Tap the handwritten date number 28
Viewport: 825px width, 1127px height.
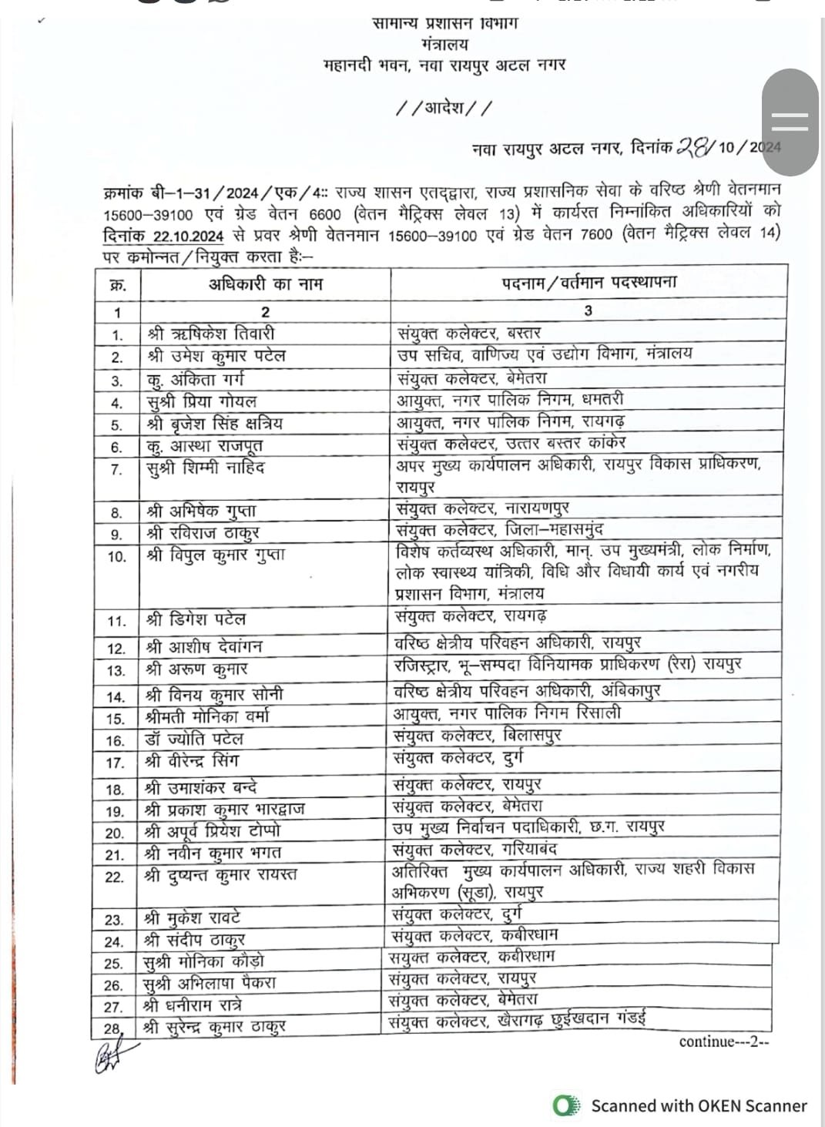(x=693, y=146)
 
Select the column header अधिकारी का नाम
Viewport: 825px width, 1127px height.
(x=266, y=283)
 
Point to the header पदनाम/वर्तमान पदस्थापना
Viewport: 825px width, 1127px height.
(x=589, y=282)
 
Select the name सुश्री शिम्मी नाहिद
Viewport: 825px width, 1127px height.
(x=206, y=468)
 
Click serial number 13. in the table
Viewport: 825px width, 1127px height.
(x=116, y=670)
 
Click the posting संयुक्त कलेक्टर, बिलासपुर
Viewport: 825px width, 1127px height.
(x=478, y=736)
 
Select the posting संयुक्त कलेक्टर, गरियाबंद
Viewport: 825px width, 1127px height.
(x=475, y=850)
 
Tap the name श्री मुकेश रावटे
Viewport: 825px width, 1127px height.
(x=193, y=917)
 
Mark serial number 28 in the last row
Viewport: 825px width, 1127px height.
(x=113, y=1028)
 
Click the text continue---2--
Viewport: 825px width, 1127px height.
(x=723, y=1041)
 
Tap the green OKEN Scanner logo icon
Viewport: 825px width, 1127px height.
(x=567, y=1106)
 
